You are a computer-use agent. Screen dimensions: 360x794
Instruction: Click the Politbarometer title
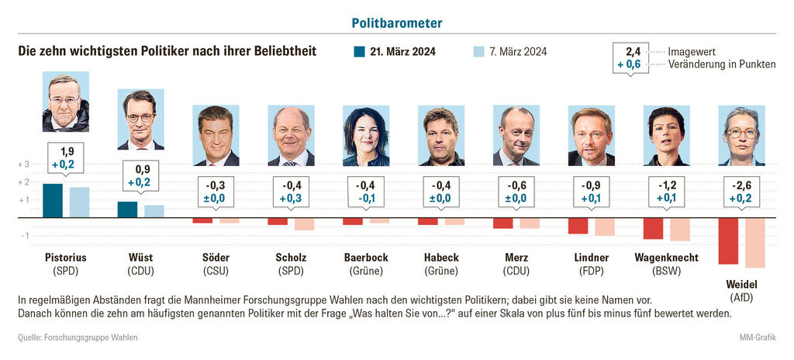tap(397, 23)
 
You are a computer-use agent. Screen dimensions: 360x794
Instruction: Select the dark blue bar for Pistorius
tap(53, 201)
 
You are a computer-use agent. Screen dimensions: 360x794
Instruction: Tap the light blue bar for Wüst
tap(154, 211)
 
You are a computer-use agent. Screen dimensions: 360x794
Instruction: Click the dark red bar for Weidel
tap(728, 241)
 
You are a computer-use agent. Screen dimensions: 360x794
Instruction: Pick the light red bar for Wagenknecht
tap(680, 229)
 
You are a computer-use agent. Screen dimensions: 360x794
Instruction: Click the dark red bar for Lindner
tap(578, 226)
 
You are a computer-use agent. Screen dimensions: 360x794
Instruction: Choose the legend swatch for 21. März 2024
tap(360, 52)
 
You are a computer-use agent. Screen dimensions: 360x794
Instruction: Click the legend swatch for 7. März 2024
tap(478, 52)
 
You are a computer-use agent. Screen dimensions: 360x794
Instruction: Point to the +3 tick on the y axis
tap(23, 164)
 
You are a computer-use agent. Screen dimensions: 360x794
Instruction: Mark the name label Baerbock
tap(366, 258)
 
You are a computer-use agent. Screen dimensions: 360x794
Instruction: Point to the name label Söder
tap(216, 258)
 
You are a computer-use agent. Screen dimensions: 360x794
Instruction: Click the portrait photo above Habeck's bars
tap(441, 137)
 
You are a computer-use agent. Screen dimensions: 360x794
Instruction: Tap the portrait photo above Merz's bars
tap(516, 137)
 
